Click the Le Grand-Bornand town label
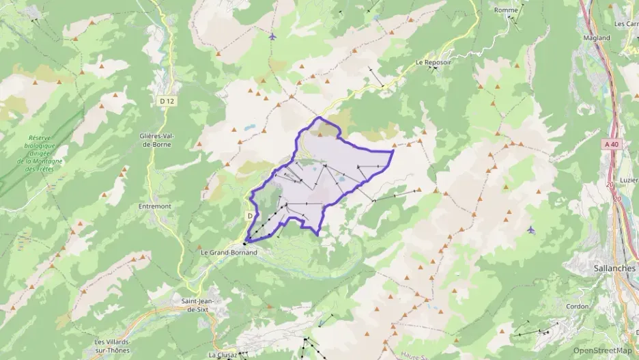click(229, 252)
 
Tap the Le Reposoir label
click(434, 62)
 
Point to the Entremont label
click(154, 206)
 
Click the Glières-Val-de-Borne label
click(154, 140)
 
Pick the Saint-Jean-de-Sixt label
click(195, 305)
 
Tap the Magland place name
click(597, 38)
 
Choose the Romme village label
click(506, 10)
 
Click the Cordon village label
click(578, 306)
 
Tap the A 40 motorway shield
click(611, 144)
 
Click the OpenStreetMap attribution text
click(602, 350)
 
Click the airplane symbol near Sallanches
click(531, 230)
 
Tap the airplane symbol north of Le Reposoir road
click(273, 36)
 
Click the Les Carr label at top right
click(626, 23)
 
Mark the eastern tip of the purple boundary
click(394, 150)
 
